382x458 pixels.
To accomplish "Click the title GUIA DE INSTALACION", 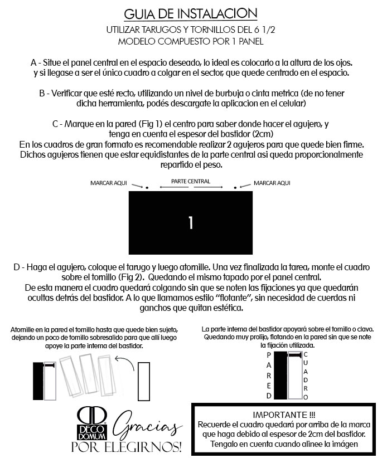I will pyautogui.click(x=190, y=13).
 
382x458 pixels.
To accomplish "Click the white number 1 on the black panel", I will pyautogui.click(x=191, y=223).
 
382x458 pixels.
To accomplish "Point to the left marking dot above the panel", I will pyautogui.click(x=147, y=187).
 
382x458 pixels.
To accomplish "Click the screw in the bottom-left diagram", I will pyautogui.click(x=50, y=366).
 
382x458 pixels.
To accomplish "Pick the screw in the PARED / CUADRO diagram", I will pyautogui.click(x=294, y=354).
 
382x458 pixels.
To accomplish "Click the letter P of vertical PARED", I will pyautogui.click(x=269, y=354).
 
